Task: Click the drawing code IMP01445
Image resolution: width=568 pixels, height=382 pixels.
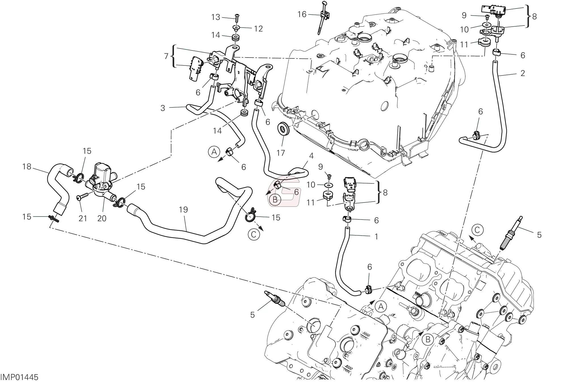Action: point(19,377)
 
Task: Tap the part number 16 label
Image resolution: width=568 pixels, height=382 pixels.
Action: point(302,14)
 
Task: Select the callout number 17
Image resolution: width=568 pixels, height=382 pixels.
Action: point(281,153)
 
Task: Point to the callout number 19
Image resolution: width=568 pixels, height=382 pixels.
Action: point(184,210)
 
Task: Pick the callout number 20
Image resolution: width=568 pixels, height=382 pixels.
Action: point(102,218)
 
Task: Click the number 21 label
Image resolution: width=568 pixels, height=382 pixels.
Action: point(83,218)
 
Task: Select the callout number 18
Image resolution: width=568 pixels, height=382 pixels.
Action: point(27,166)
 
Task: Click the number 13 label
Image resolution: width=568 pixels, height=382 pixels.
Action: point(216,17)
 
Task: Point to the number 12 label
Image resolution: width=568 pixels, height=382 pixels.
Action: point(258,29)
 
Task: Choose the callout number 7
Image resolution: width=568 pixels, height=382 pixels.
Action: point(166,56)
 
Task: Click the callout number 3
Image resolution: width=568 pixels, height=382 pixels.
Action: point(163,108)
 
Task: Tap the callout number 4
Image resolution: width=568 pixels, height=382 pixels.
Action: point(311,156)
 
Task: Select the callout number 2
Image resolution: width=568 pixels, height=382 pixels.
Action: point(523,73)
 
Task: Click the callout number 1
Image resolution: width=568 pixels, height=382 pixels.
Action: point(376,237)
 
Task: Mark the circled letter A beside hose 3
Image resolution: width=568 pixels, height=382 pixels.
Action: point(214,152)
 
